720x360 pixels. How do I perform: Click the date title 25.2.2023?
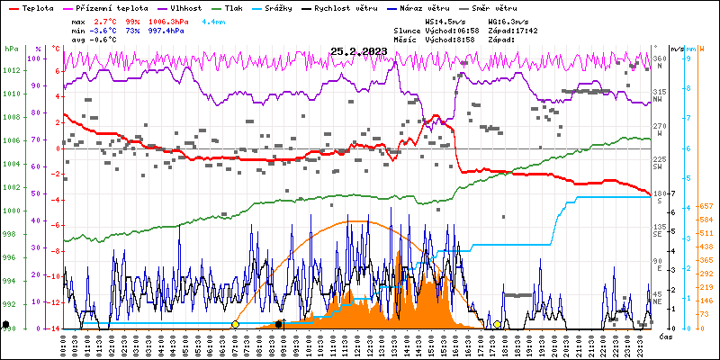(x=358, y=51)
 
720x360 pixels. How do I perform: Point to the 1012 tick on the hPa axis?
(x=11, y=71)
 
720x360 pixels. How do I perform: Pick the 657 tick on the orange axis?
(x=707, y=207)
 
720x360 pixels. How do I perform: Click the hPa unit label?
(x=11, y=49)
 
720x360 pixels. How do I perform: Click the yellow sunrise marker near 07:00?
(x=235, y=324)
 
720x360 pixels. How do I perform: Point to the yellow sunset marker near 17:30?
(x=497, y=324)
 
